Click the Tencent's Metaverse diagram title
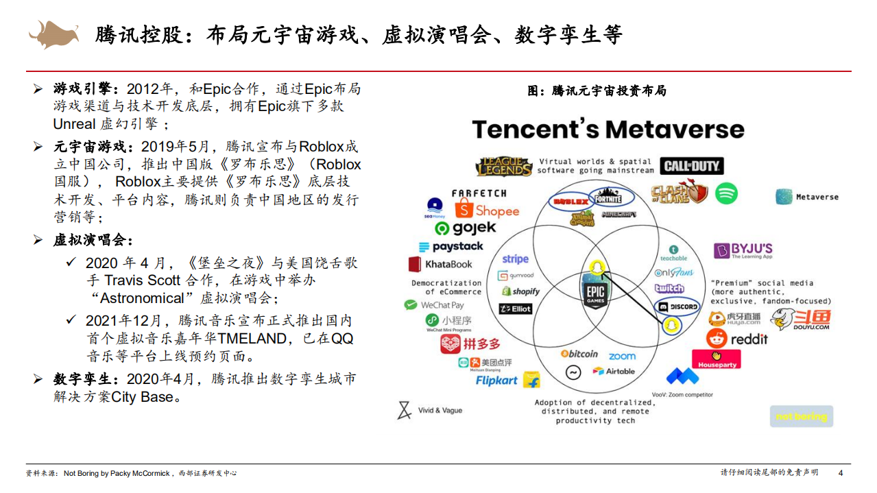tap(608, 130)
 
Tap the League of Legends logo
tap(504, 167)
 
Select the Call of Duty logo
tap(692, 166)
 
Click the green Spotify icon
tap(726, 193)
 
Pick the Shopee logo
tap(488, 211)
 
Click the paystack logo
tap(450, 247)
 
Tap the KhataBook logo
tap(440, 264)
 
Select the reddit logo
tap(737, 339)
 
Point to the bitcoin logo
tap(579, 354)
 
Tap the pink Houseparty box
tap(716, 359)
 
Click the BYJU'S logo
tap(743, 250)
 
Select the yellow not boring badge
tap(801, 416)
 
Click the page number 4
tap(841, 473)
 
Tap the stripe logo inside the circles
tap(515, 259)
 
